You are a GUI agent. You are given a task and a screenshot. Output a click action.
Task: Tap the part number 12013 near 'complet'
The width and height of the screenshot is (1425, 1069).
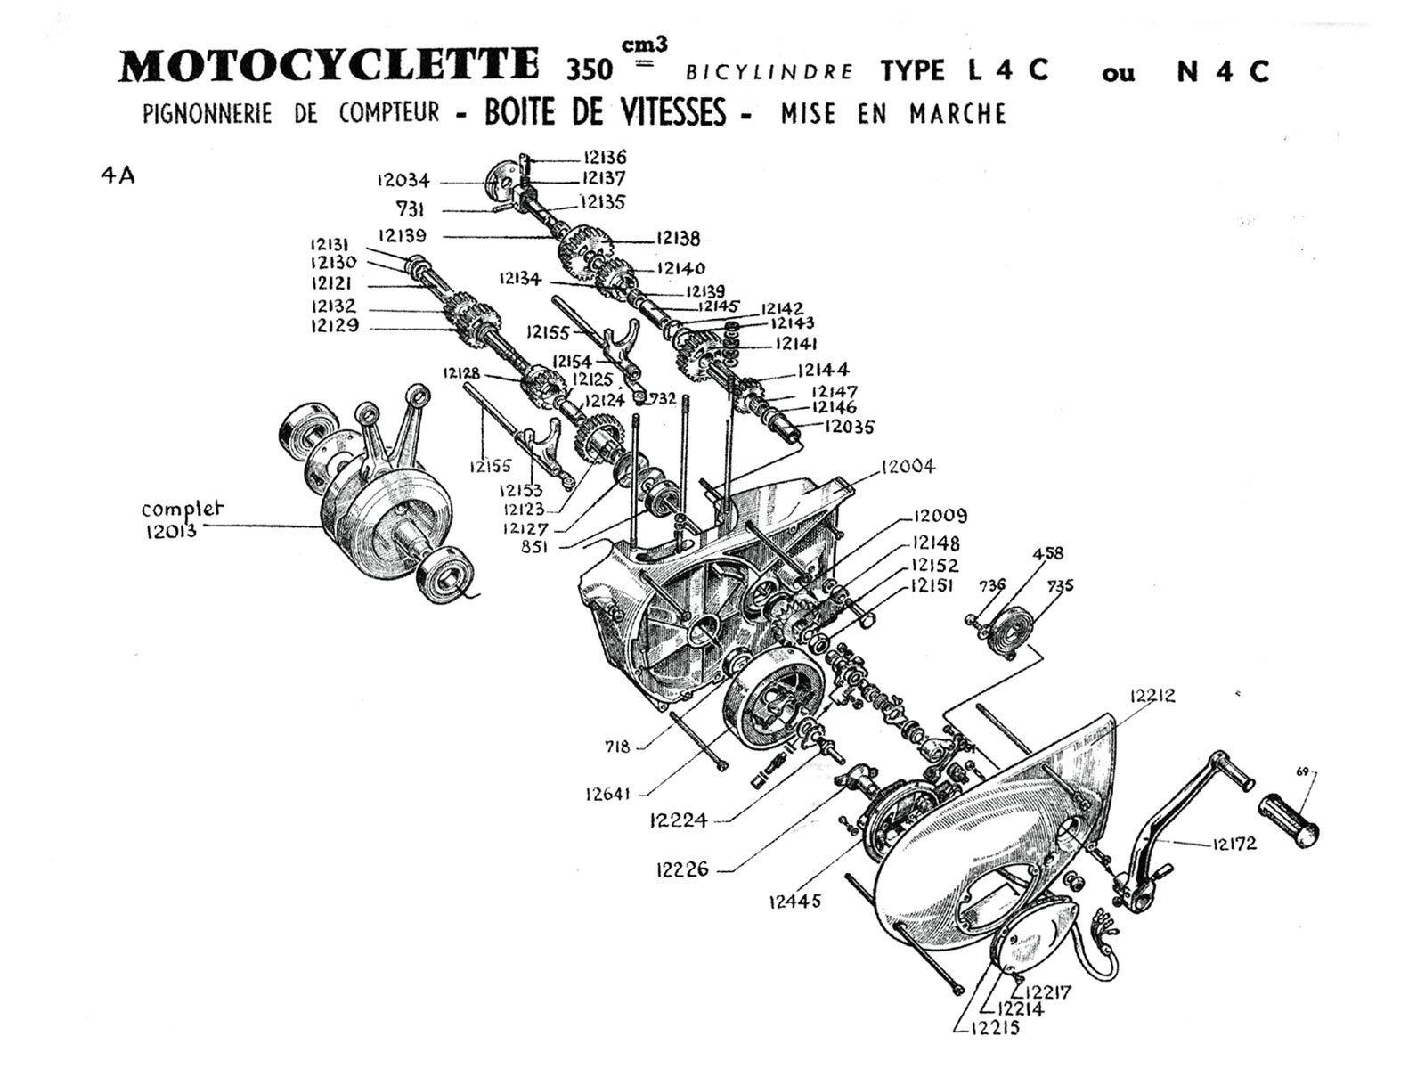[170, 532]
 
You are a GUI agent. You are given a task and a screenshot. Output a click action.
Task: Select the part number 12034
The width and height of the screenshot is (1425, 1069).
[403, 181]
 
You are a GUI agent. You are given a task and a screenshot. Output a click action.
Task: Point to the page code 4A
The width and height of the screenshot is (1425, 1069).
[118, 175]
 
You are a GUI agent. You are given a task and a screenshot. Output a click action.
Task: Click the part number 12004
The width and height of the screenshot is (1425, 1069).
[908, 467]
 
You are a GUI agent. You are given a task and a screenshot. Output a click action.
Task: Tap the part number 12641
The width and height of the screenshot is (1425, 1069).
[609, 793]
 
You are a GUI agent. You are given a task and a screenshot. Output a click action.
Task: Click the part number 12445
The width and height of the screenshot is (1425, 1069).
[794, 901]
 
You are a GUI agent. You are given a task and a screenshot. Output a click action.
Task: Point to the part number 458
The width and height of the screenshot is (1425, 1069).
[1047, 553]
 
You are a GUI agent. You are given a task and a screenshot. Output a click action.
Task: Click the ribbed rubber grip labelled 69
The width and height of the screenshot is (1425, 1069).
[1288, 817]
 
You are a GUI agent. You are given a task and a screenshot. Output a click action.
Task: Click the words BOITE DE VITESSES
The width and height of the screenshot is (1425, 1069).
[606, 113]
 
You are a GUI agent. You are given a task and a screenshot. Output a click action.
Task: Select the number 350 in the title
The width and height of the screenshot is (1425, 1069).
[590, 69]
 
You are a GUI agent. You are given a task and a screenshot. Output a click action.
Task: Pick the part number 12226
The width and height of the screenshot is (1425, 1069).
[681, 869]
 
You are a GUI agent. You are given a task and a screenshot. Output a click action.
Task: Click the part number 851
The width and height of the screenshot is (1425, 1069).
[534, 548]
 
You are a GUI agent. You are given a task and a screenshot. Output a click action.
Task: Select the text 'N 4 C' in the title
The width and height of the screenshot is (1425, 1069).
[1222, 71]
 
